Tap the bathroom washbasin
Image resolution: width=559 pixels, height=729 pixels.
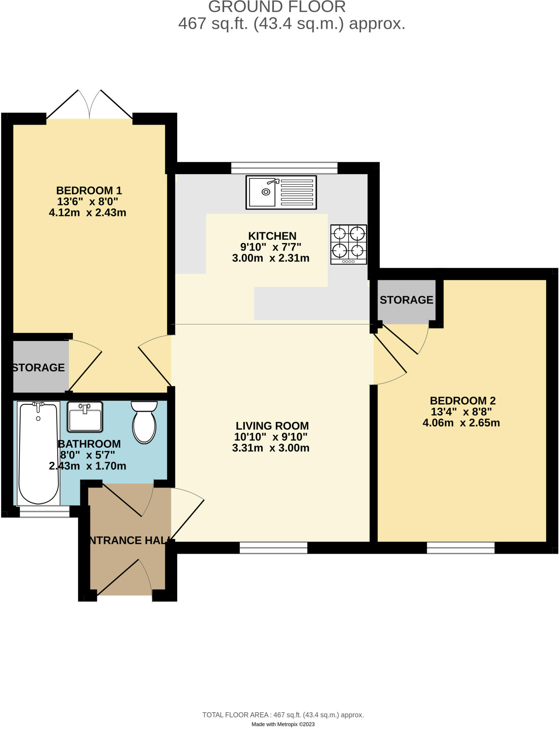click(x=85, y=417)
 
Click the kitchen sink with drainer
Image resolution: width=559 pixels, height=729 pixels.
click(x=281, y=192)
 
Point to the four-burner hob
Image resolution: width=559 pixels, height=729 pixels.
click(x=348, y=244)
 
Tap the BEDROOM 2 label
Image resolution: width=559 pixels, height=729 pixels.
click(x=463, y=400)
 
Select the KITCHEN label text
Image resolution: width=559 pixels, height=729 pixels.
click(x=272, y=236)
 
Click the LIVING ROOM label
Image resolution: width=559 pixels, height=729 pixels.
click(x=272, y=425)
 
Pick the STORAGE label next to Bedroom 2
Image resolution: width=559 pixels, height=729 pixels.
click(x=406, y=300)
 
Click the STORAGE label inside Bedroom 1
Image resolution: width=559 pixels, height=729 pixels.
click(x=38, y=367)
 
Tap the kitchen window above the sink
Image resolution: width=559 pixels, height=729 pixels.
click(x=284, y=168)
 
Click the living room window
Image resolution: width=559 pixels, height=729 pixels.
click(x=273, y=547)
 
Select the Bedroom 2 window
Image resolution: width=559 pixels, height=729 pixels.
click(x=460, y=547)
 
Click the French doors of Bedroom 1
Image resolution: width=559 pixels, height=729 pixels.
click(x=89, y=105)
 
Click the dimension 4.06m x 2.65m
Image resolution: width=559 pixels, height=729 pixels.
click(x=461, y=423)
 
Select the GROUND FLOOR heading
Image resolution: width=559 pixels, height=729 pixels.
click(x=277, y=7)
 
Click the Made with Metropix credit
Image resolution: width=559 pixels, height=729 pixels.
click(x=283, y=724)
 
